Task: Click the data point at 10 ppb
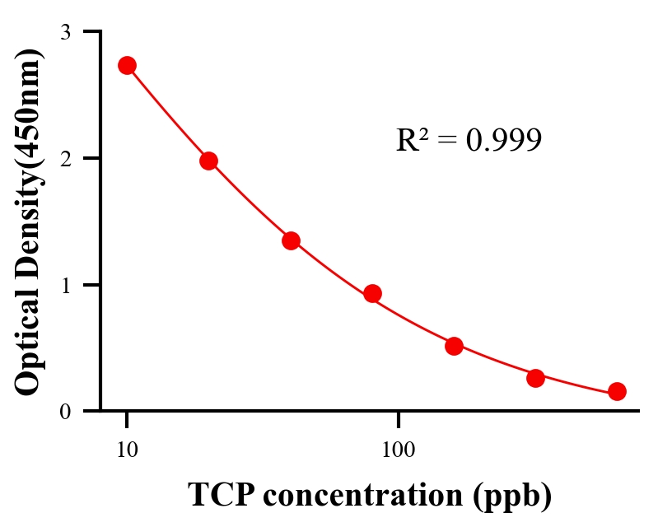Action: (x=127, y=66)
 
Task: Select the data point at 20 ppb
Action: (x=208, y=161)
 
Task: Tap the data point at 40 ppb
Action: (x=291, y=240)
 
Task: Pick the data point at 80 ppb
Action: (x=372, y=293)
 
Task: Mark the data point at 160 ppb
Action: (x=454, y=346)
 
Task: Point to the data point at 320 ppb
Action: (x=535, y=378)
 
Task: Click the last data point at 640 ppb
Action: (x=617, y=391)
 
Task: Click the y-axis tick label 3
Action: (x=66, y=32)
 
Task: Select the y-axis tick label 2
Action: (x=66, y=158)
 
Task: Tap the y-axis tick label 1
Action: (x=66, y=285)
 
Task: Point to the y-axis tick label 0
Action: (x=66, y=411)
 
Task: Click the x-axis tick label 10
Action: (x=127, y=450)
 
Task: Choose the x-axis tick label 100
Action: (x=398, y=450)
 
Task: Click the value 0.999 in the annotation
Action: (x=503, y=141)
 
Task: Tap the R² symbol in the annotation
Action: (x=411, y=140)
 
